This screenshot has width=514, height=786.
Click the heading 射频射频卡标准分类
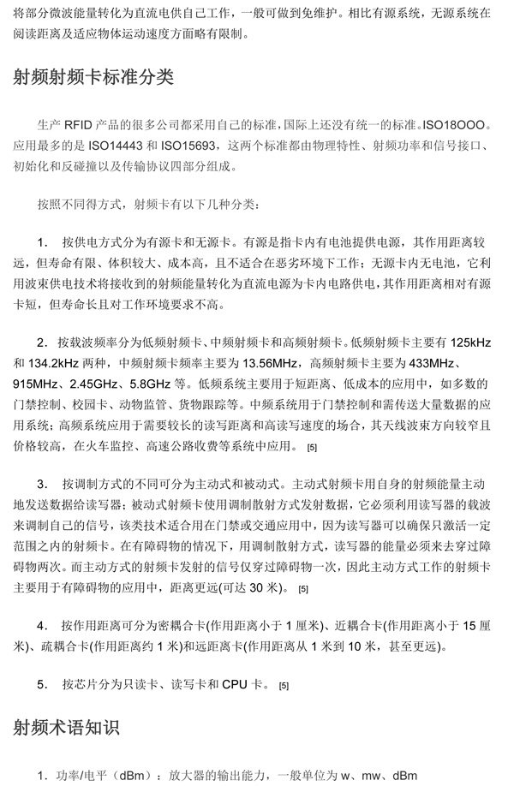93,78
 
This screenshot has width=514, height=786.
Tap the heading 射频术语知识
66,728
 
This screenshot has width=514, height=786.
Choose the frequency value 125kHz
469,342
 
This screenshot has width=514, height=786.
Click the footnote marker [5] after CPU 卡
284,686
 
